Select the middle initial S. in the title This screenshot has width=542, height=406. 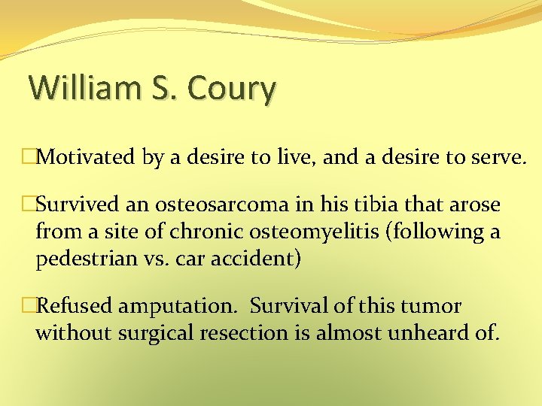coord(164,88)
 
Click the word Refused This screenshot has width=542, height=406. coord(75,307)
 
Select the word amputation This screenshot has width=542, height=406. coord(178,307)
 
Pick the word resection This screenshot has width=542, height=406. coord(244,333)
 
